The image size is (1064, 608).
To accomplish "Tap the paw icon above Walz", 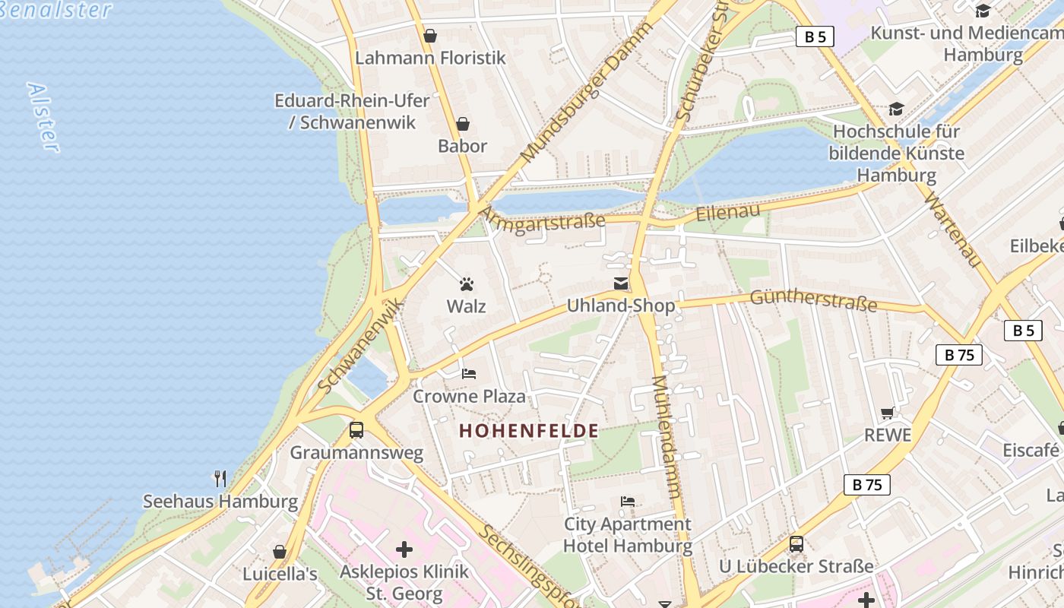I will pos(467,284).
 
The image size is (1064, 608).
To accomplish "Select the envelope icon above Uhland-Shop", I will pos(621,283).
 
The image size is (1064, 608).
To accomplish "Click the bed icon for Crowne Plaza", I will pos(469,373).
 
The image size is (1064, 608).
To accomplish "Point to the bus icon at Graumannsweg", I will pos(356,429).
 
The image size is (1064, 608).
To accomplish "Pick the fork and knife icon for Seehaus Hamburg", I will pos(220,478).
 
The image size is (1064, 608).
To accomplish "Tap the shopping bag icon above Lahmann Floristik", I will pos(430,36).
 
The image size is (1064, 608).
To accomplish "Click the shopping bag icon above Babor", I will pos(462,124).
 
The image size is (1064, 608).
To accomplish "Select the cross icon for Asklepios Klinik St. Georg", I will pos(404,549).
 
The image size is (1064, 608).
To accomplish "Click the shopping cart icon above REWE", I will pos(887,413).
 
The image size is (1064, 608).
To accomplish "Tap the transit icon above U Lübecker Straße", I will pos(796,544).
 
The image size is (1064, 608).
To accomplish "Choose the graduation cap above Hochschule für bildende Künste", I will pos(896,109).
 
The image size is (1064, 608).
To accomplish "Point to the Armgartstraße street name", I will pos(543,221).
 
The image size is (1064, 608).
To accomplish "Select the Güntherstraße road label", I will pos(813,300).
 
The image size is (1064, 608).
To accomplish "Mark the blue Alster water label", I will pos(43,117).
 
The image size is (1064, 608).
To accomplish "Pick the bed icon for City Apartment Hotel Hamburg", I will pos(628,502).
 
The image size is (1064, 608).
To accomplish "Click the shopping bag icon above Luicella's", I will pos(280,552).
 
